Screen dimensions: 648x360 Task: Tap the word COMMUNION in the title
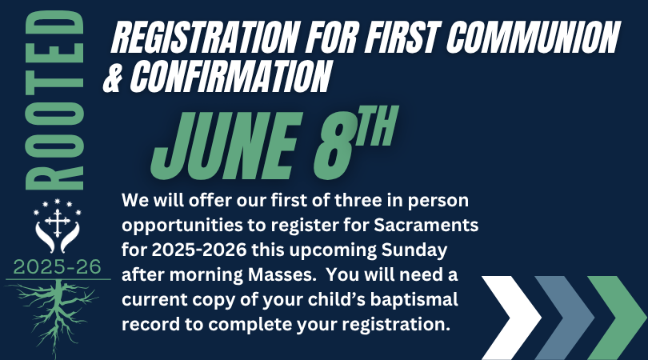coord(533,36)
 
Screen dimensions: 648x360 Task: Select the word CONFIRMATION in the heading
coord(231,76)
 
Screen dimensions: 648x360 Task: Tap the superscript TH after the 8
coord(377,126)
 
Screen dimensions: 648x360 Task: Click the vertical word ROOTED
coord(55,100)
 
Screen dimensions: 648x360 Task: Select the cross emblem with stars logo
coord(58,226)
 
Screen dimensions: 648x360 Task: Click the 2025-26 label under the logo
coord(57,267)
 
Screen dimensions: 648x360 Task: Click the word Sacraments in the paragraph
coord(426,226)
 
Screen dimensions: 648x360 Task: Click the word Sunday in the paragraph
coord(414,251)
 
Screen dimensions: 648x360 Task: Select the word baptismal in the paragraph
coord(414,300)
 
